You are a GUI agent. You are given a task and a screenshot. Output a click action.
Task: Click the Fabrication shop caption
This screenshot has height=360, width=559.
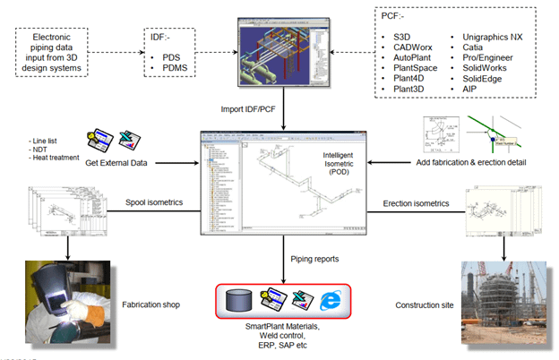point(150,304)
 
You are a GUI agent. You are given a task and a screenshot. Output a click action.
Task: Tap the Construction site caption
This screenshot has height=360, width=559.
point(426,304)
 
